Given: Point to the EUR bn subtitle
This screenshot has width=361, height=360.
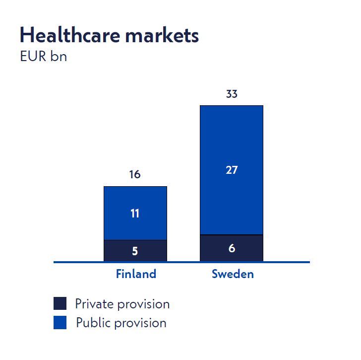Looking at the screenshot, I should [43, 57].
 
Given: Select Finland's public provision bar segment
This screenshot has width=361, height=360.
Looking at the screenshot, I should [135, 201].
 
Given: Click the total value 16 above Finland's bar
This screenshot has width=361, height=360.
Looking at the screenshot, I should [135, 175].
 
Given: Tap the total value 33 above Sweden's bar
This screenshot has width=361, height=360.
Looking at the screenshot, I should [231, 94].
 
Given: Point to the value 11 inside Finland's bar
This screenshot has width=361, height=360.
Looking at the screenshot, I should [135, 214].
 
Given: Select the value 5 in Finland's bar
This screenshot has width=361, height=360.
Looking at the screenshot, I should [135, 251].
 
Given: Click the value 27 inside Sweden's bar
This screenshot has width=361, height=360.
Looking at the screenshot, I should [231, 170].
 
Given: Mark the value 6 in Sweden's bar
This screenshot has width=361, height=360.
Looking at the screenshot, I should [232, 248].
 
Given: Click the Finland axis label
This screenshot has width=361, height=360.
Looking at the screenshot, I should [136, 274].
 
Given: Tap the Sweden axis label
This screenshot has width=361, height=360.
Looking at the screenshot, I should [233, 274].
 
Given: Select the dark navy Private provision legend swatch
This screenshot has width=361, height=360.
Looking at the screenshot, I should [60, 303].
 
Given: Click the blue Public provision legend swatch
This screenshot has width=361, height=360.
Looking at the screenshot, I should [60, 323].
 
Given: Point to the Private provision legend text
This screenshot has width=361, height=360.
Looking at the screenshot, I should [122, 304].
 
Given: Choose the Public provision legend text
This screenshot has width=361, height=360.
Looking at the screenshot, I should [121, 323].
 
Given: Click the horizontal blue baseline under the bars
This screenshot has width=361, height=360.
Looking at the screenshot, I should [79, 262].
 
